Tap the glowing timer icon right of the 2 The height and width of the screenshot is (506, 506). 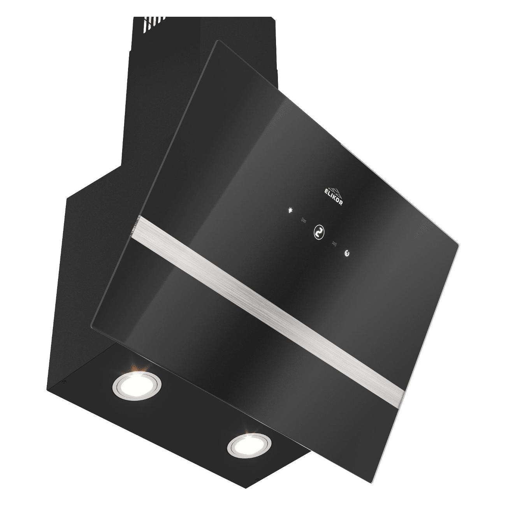coord(348,253)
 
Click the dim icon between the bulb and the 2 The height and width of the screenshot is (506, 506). coord(304,219)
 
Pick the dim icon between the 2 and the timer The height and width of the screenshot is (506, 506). coord(334,243)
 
